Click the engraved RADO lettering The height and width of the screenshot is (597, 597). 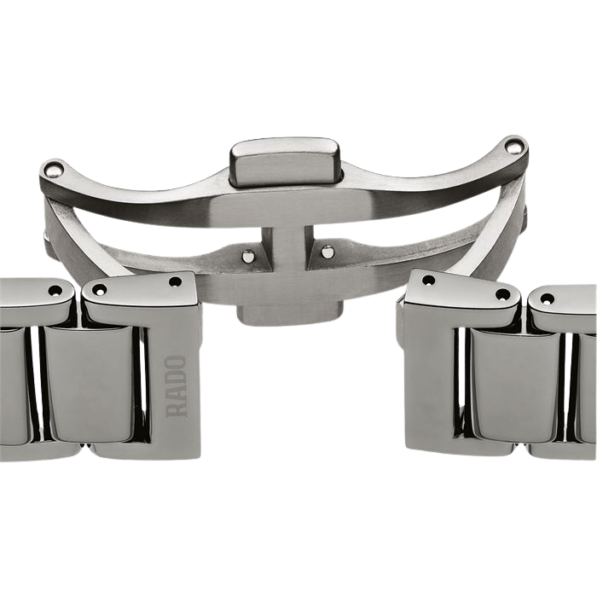[x=177, y=385]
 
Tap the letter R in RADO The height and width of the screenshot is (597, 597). [x=177, y=409]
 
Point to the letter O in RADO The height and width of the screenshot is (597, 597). [x=177, y=363]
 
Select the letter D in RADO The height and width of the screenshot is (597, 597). [x=177, y=379]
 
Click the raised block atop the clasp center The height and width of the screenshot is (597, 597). [x=285, y=161]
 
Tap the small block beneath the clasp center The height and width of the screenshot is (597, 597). [x=290, y=315]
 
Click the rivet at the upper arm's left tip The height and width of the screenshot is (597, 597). [x=53, y=169]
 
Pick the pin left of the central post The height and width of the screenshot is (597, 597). [x=249, y=256]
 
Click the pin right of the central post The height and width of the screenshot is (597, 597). [x=327, y=251]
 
